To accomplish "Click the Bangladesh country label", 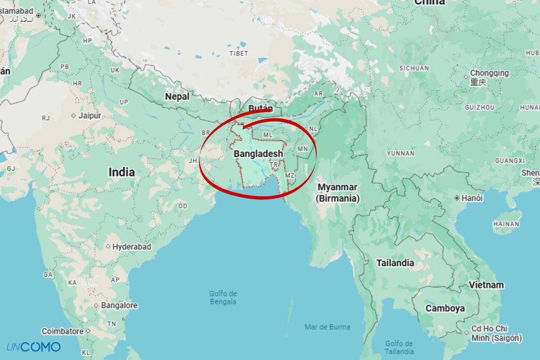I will point(258,153).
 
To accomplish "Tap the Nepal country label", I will point(177,97).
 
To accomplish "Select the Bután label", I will point(261,108).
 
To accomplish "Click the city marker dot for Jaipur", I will point(74,116).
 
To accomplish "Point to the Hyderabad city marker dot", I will point(108,247).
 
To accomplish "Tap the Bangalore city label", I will point(119,305).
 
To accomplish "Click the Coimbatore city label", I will point(63,331).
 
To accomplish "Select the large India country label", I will point(121,172).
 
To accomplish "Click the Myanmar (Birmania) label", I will point(337,193).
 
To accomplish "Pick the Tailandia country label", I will point(395,263).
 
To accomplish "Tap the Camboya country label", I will point(445,308).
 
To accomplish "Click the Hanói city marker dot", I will point(457,198).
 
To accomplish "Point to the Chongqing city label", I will point(489,73).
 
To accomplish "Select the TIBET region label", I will point(238,54).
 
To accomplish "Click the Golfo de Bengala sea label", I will point(223,297).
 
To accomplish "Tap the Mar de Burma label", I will point(327,327).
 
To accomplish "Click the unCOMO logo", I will point(33,346).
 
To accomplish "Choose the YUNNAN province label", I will point(400,153).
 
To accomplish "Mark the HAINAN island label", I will point(506,224).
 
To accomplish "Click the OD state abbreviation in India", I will point(182,206).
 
